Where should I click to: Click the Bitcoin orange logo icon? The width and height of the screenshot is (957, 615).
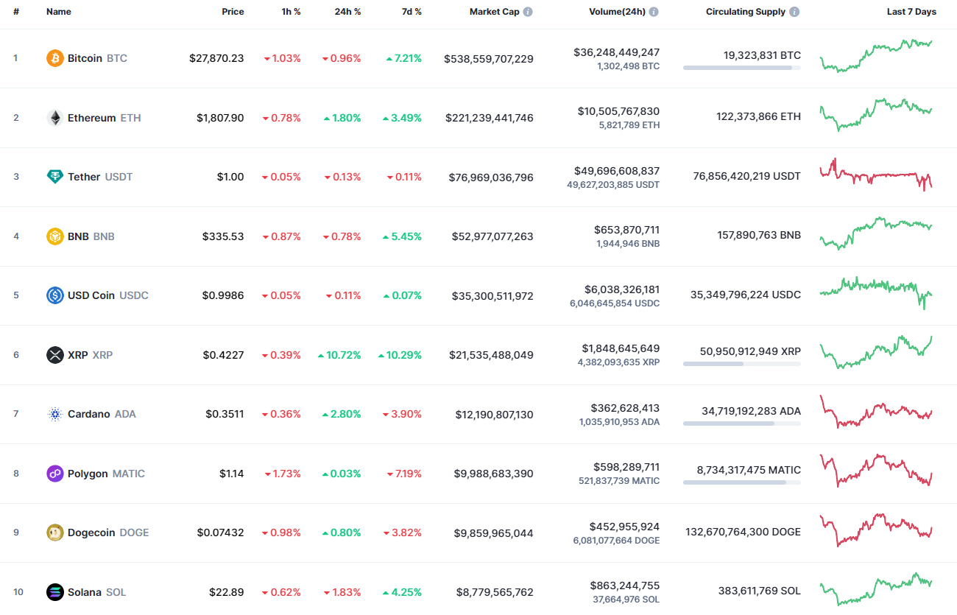pyautogui.click(x=55, y=58)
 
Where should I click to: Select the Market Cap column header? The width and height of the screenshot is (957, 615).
pyautogui.click(x=495, y=12)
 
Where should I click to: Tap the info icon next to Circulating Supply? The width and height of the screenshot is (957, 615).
pyautogui.click(x=794, y=12)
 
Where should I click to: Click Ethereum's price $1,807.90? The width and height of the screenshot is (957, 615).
pyautogui.click(x=220, y=118)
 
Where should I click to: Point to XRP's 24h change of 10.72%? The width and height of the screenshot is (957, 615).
pyautogui.click(x=339, y=355)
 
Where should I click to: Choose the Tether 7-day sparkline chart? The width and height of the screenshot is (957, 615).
pyautogui.click(x=876, y=175)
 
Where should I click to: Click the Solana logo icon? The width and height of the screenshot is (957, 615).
pyautogui.click(x=55, y=592)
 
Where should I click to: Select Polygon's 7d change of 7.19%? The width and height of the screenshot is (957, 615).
pyautogui.click(x=404, y=474)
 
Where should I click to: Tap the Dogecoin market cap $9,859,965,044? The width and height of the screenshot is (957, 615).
pyautogui.click(x=493, y=533)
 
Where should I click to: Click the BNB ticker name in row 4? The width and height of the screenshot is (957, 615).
pyautogui.click(x=79, y=236)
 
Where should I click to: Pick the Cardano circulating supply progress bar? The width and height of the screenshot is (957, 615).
pyautogui.click(x=741, y=424)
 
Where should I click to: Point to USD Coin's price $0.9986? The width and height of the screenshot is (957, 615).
pyautogui.click(x=223, y=295)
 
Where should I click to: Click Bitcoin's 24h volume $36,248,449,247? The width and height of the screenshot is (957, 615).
pyautogui.click(x=616, y=52)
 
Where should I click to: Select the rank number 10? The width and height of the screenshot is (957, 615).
pyautogui.click(x=18, y=592)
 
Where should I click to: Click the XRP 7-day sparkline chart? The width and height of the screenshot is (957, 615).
pyautogui.click(x=876, y=352)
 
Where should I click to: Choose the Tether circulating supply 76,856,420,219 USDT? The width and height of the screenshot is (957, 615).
pyautogui.click(x=746, y=176)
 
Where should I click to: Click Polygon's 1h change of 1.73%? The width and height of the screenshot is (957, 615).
pyautogui.click(x=283, y=474)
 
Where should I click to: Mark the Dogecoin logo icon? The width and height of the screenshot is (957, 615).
pyautogui.click(x=55, y=533)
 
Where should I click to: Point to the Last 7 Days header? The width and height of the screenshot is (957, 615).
pyautogui.click(x=911, y=12)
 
